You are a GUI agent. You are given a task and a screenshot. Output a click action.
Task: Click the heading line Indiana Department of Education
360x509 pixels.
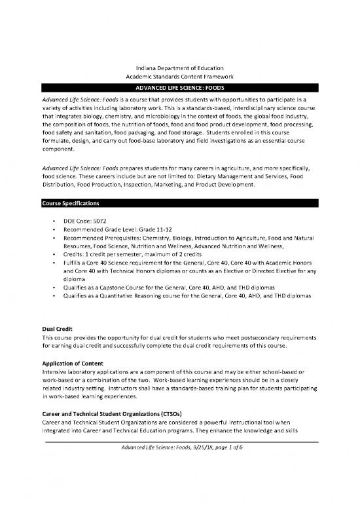[179, 69]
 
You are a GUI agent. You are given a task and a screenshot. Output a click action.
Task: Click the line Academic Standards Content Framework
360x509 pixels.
[179, 77]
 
